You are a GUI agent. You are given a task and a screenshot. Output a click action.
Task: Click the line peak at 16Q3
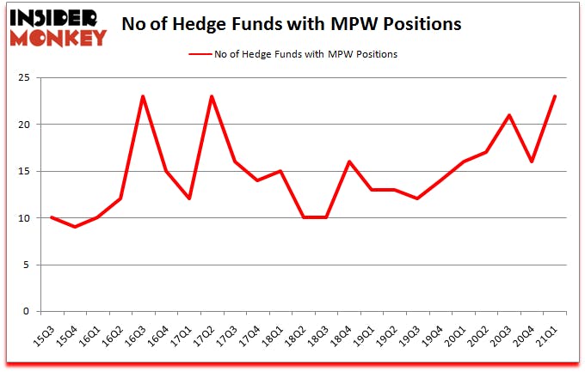pos(143,96)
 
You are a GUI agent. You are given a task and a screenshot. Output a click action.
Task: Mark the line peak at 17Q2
pos(212,96)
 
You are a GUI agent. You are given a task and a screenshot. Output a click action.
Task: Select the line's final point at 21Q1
pos(556,96)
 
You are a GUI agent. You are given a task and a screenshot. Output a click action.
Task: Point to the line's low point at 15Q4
pos(74,227)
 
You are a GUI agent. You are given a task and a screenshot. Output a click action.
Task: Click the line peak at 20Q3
pos(510,115)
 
